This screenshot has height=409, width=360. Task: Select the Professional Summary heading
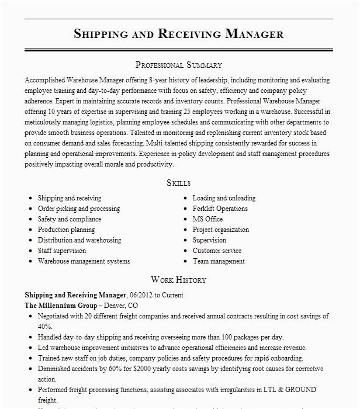pos(179,65)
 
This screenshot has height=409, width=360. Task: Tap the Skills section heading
pos(179,183)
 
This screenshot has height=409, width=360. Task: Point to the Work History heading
pos(179,280)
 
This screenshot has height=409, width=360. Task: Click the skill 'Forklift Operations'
pos(220,209)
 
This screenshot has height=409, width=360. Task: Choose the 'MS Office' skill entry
pos(207,219)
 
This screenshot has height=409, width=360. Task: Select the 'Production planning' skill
pos(66,230)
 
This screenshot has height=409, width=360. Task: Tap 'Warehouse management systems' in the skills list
pos(84,261)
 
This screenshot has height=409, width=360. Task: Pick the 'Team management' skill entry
pos(219,261)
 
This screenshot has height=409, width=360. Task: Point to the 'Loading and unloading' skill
pos(224,198)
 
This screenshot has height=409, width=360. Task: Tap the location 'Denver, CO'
pos(122,306)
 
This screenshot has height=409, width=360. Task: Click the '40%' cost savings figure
pos(45,326)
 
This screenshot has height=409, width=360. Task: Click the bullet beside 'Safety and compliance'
pos(30,220)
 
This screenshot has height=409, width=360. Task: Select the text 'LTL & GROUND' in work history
pos(293,389)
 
